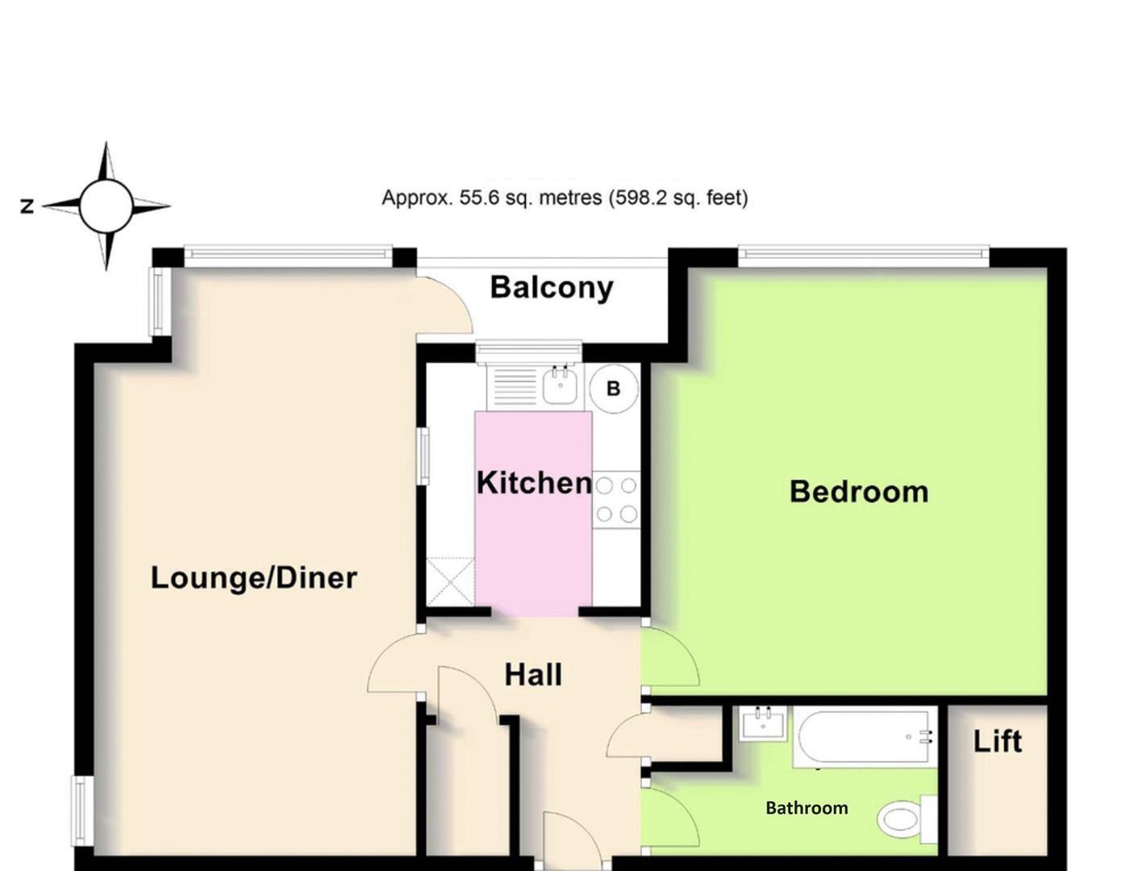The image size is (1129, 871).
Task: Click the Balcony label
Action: pos(552,288)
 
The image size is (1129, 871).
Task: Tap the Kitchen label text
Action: pos(534,482)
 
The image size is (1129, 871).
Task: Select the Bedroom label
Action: pos(859,491)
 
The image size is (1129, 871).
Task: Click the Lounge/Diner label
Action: pos(253,577)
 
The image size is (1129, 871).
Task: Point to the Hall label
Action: pos(533,674)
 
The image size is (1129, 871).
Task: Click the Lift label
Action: pos(997,741)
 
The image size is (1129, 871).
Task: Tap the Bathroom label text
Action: pos(806,807)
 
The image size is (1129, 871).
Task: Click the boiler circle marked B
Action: pos(613,389)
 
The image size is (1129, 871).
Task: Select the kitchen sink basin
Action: pos(560,386)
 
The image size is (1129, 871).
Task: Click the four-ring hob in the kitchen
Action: pos(616,500)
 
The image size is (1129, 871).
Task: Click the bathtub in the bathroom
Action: pos(864,736)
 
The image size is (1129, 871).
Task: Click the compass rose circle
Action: pos(106,206)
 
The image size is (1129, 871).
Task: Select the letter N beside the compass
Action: pos(27,206)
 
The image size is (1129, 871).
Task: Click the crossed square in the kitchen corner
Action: pos(451,581)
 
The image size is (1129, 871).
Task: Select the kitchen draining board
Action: pos(514,387)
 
